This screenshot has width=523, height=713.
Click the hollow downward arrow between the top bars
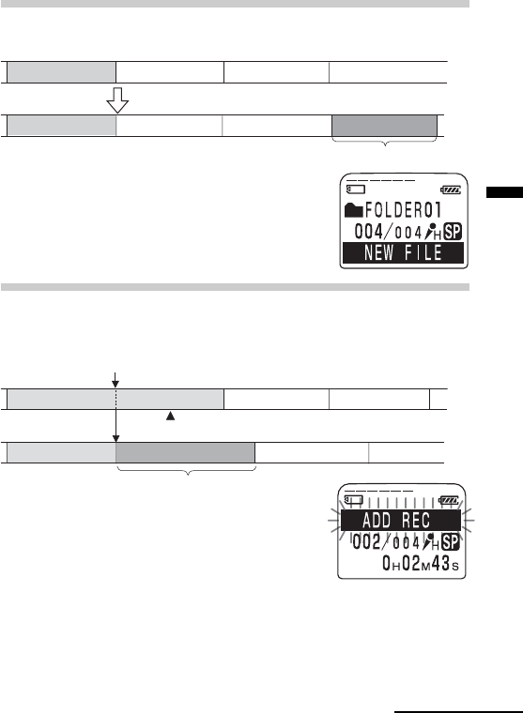[x=117, y=100]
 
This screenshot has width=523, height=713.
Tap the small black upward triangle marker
[x=170, y=416]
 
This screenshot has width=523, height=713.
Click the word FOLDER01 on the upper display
[x=404, y=210]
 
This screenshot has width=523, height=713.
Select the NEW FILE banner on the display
[x=404, y=252]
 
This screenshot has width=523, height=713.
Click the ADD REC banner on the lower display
[x=401, y=520]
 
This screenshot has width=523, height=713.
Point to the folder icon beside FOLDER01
[x=354, y=210]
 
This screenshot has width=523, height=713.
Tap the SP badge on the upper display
[x=453, y=232]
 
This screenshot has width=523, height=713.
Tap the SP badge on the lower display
[x=451, y=542]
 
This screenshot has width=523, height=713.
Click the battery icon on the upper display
[x=451, y=190]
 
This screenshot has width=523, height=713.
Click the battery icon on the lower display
[x=448, y=501]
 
